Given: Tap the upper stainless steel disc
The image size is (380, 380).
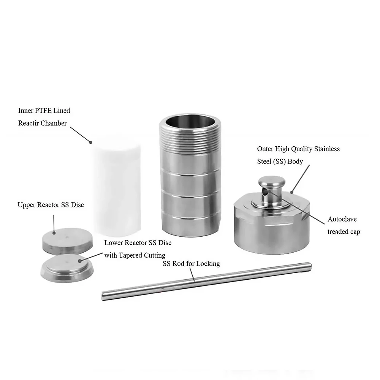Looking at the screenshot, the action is click(67, 241).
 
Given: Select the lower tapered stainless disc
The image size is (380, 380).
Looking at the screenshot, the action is click(67, 268).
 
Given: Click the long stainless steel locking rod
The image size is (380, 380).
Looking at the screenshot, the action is click(206, 281).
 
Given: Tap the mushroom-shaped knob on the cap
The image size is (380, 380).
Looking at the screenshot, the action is click(271, 192).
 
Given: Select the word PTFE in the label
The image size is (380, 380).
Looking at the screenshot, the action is click(43, 111).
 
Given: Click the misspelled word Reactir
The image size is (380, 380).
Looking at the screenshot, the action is click(27, 123).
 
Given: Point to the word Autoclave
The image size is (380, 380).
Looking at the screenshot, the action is click(342, 219).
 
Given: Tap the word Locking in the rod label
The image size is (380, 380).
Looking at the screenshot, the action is click(208, 264).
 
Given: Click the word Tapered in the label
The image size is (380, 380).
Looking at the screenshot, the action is click(130, 255).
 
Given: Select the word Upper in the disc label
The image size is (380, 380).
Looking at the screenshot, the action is click(26, 205).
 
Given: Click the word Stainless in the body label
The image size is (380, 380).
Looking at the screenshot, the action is click(327, 149).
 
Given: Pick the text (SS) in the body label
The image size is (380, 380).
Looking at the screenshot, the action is click(279, 161).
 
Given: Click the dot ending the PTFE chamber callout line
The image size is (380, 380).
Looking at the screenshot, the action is click(91, 142).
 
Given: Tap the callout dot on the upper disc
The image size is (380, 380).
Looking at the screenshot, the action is click(54, 233).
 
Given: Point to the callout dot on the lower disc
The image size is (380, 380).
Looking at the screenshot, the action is click(80, 261).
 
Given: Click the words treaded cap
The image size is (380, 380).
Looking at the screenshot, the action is click(344, 232).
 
